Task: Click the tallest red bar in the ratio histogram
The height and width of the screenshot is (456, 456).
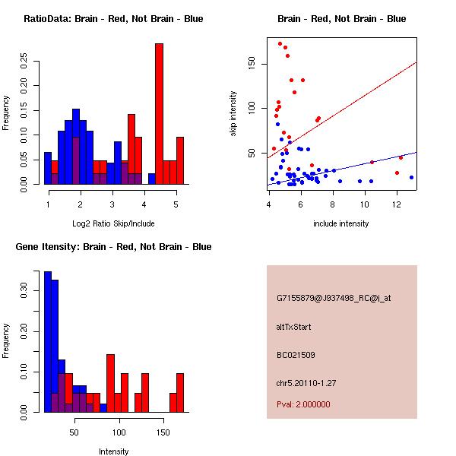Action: (x=159, y=114)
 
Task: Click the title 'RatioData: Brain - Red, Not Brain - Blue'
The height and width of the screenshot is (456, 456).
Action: (x=112, y=18)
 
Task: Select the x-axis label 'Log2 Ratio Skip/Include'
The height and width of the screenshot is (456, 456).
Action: (x=112, y=223)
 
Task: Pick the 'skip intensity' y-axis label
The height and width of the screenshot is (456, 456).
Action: (x=233, y=114)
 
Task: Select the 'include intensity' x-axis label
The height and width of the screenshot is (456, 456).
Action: (x=342, y=223)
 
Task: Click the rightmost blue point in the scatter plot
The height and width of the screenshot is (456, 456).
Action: (x=411, y=177)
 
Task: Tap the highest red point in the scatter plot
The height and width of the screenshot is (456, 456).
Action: (x=280, y=44)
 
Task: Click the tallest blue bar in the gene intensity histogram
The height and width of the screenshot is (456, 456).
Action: (x=47, y=342)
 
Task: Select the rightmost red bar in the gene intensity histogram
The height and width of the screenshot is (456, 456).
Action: (x=180, y=392)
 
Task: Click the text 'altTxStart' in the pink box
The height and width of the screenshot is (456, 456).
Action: (x=294, y=327)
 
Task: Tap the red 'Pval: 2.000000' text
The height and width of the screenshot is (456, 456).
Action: (x=303, y=404)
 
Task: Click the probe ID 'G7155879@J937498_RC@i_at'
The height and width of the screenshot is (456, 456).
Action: (x=334, y=299)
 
